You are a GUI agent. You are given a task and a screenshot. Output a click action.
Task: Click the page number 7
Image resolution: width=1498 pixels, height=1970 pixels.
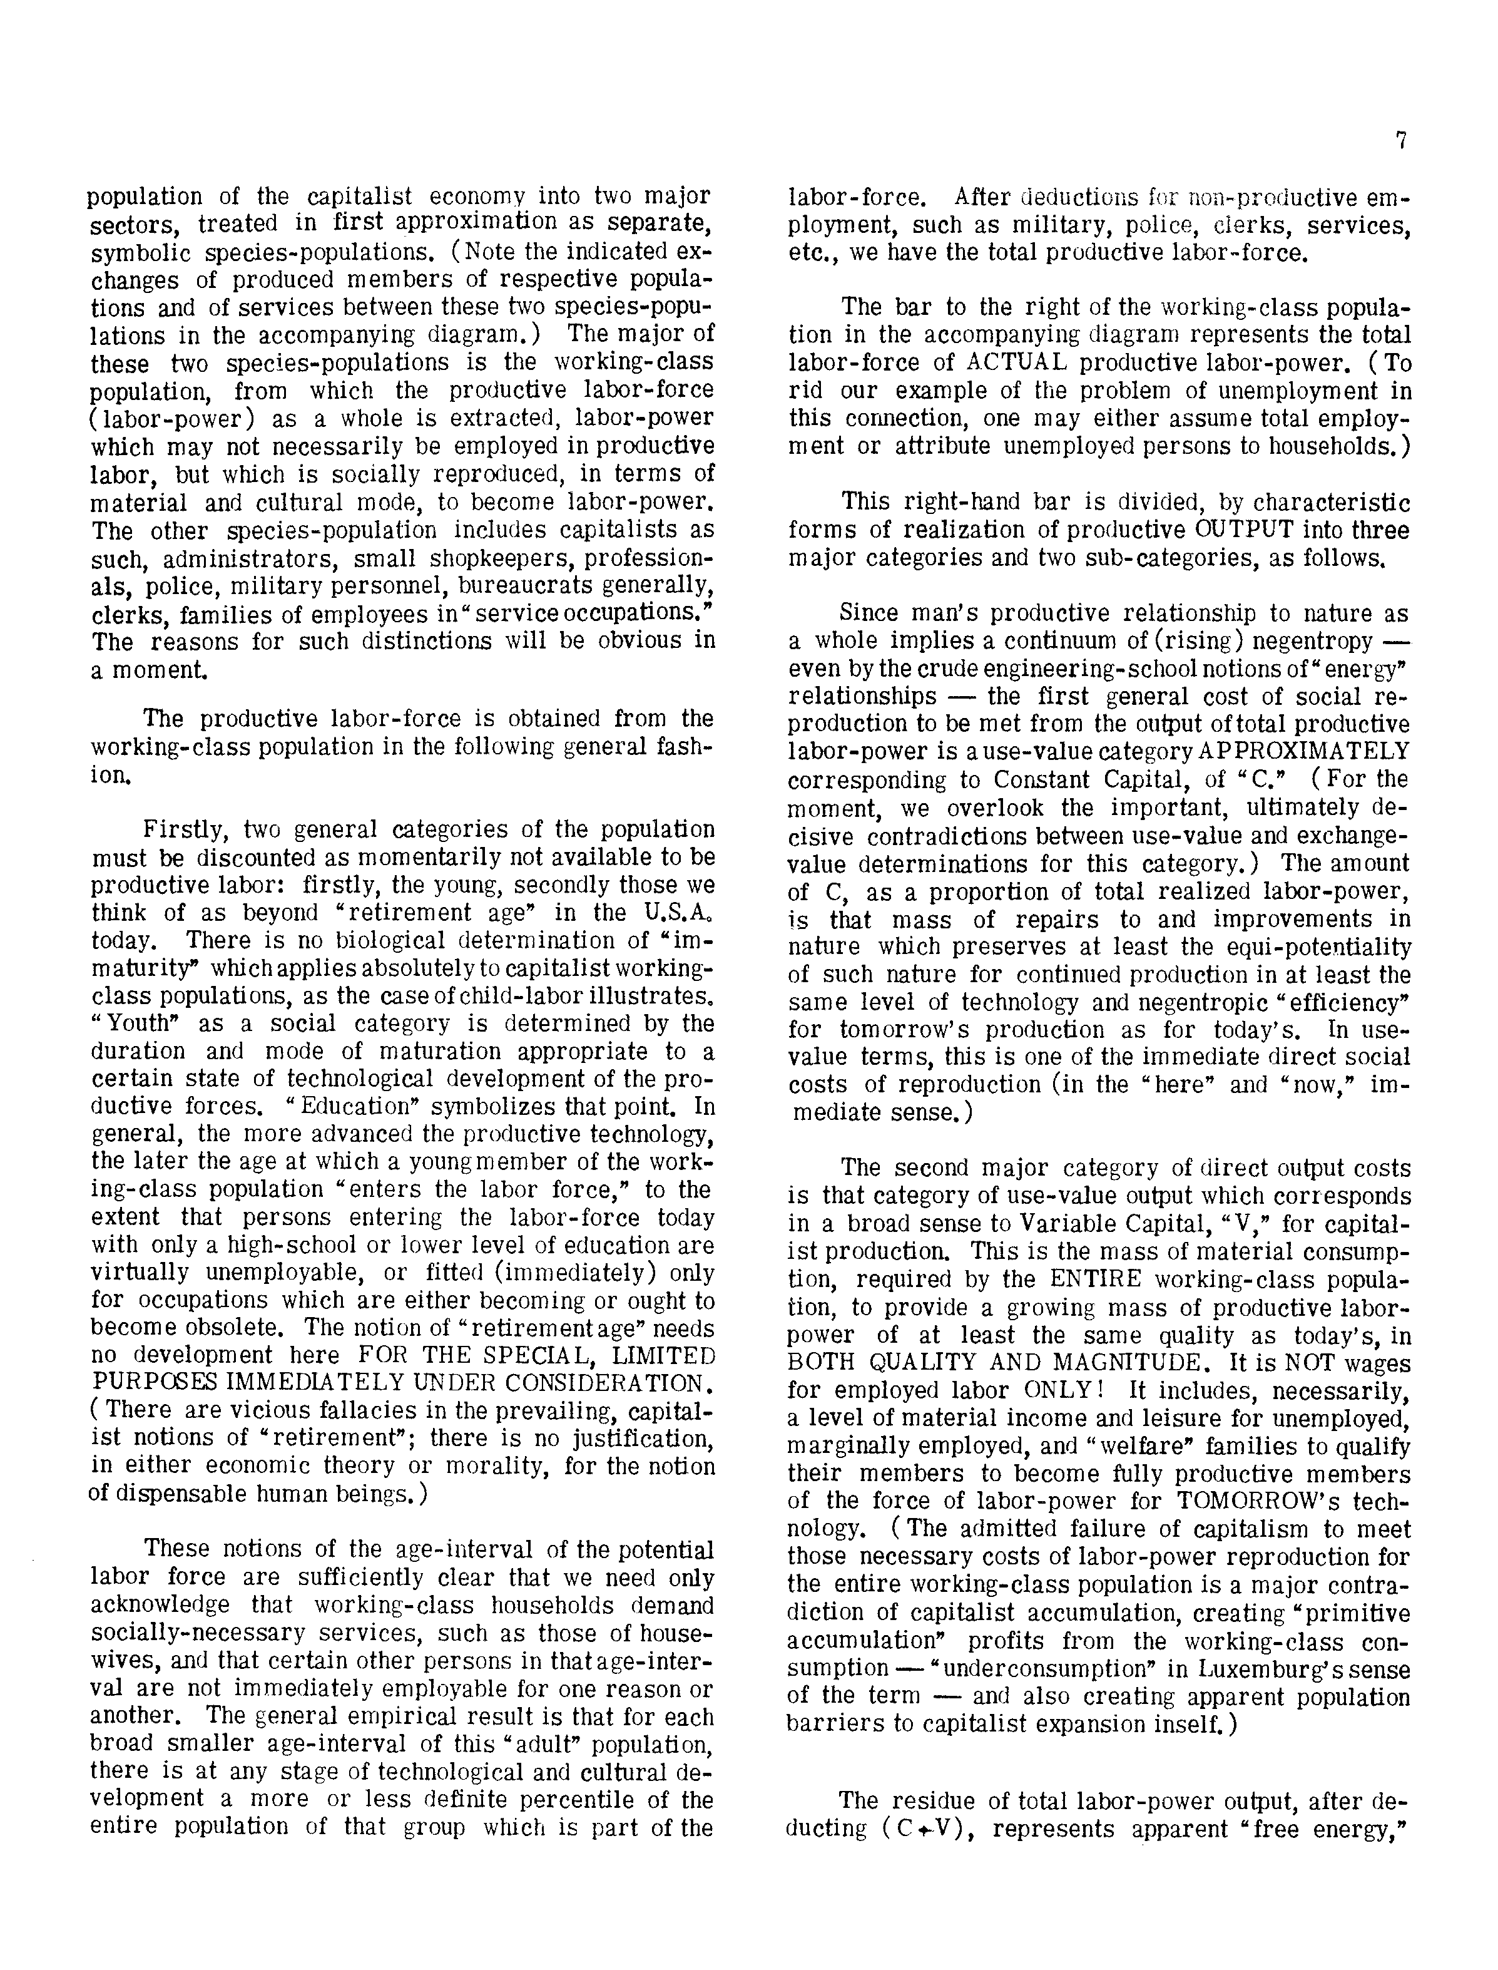pos(1401,141)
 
